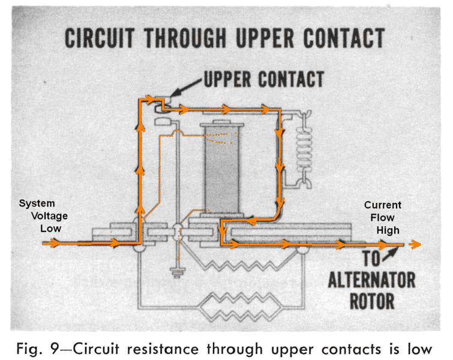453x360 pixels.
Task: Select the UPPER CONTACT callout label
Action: pyautogui.click(x=263, y=79)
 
